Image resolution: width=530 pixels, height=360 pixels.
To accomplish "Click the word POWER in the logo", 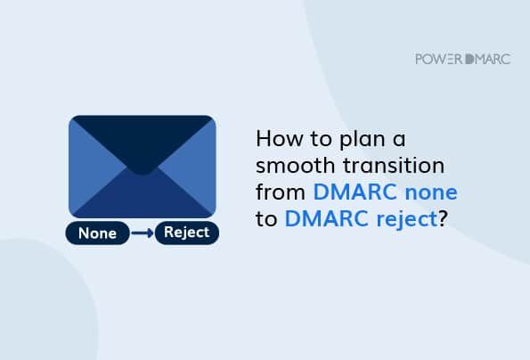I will tap(436, 59).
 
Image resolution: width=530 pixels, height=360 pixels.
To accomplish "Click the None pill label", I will tap(97, 234).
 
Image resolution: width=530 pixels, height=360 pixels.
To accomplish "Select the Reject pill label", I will tap(186, 233).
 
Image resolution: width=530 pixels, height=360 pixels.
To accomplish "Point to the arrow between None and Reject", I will tap(142, 234).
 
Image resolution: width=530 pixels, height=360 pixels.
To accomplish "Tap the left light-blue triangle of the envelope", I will tap(87, 169).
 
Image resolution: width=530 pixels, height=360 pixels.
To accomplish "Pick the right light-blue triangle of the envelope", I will tap(197, 169).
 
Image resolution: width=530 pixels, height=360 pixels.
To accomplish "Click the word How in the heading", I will tap(274, 141).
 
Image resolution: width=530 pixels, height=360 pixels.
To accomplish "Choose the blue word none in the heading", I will tap(432, 192).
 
